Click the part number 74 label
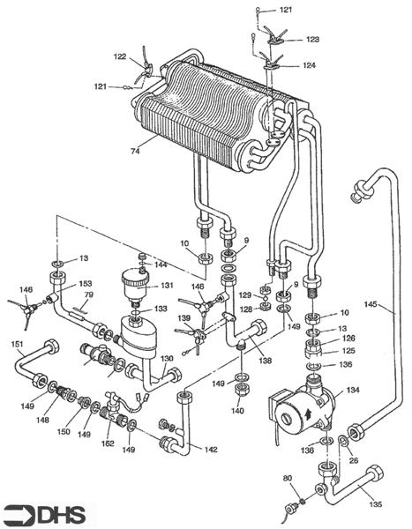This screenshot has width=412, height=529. (135, 152)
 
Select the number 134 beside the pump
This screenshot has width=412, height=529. (353, 389)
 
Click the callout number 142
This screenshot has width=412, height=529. (210, 449)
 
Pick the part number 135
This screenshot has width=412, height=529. (376, 505)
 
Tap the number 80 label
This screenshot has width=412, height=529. (287, 480)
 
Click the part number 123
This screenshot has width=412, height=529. (312, 40)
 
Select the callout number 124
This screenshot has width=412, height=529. (310, 65)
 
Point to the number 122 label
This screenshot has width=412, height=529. (120, 56)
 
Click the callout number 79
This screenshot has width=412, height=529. (88, 294)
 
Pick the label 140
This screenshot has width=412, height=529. (236, 410)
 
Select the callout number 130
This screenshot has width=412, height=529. (166, 359)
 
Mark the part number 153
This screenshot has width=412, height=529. (86, 284)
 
